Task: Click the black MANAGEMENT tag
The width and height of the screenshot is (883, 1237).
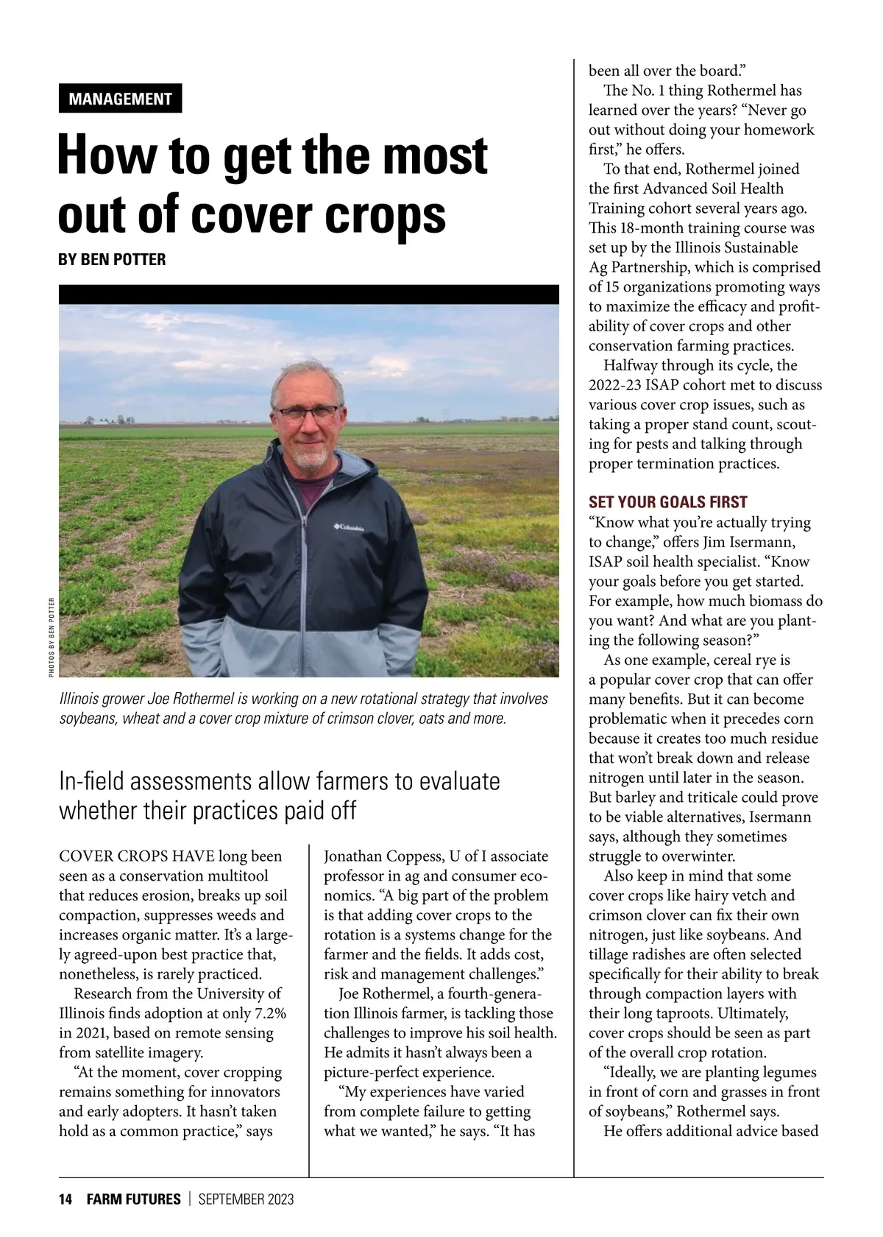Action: tap(120, 99)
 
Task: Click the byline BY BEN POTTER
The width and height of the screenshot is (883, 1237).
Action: tap(112, 259)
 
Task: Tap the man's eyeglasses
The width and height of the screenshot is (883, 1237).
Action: tap(309, 412)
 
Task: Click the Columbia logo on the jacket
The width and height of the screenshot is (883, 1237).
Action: tap(349, 526)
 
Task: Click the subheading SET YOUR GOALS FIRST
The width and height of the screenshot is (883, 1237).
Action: tap(667, 502)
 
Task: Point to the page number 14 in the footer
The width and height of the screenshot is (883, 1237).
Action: tap(65, 1199)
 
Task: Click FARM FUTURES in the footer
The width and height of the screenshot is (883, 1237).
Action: tap(133, 1199)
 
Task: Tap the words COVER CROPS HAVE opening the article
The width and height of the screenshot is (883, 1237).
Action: tap(137, 856)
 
